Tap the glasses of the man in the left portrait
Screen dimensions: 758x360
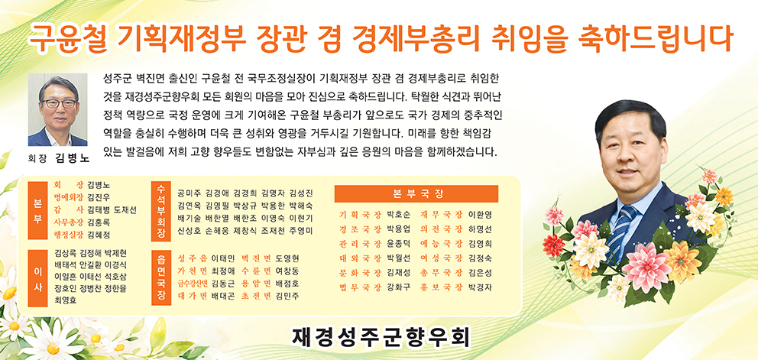[59, 103]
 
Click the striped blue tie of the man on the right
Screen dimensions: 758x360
[620, 232]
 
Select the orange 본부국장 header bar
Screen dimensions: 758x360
[416, 194]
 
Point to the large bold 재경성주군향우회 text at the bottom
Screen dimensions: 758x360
[381, 338]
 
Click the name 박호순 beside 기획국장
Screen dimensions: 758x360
[399, 214]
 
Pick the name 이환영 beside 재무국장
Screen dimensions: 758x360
[480, 214]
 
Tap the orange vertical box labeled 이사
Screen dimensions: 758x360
[37, 279]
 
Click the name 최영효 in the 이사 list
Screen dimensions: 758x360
[66, 300]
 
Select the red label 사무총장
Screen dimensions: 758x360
[69, 222]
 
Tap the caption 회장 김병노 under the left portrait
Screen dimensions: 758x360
[59, 157]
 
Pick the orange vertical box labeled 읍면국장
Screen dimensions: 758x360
[161, 277]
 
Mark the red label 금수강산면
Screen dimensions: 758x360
[193, 283]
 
